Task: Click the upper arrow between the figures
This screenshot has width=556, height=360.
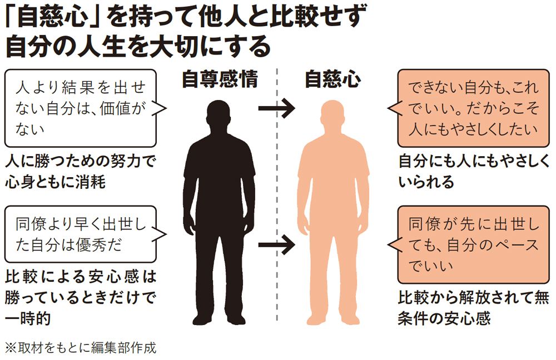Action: (x=276, y=108)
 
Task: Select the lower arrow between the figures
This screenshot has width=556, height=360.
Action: (x=276, y=244)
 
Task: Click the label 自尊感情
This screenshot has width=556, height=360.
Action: (x=220, y=79)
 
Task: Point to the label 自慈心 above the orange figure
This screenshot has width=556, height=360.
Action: (x=333, y=79)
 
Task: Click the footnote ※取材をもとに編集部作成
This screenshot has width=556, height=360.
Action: (x=81, y=348)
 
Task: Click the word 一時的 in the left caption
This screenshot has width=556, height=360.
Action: (x=28, y=318)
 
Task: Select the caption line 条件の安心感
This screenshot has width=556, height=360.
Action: (x=444, y=318)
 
